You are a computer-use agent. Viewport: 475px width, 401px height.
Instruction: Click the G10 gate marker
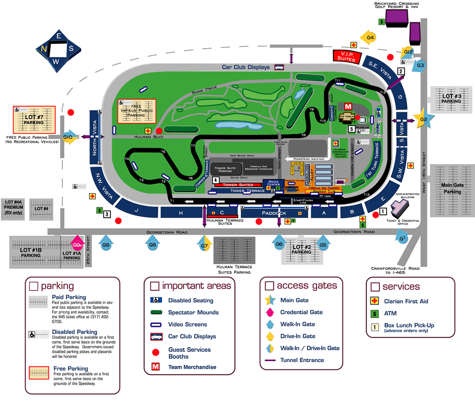click(x=67, y=137)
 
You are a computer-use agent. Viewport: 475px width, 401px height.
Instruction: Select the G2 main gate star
click(x=421, y=118)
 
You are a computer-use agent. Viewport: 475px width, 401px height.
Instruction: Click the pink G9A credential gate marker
click(x=77, y=244)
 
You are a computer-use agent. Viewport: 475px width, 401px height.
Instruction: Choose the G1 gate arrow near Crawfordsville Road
click(x=402, y=237)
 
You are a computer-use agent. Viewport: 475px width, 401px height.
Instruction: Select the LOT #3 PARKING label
click(x=451, y=98)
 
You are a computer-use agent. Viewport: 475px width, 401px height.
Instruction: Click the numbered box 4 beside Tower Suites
click(x=216, y=180)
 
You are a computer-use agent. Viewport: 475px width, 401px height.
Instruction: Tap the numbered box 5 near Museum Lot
click(x=351, y=129)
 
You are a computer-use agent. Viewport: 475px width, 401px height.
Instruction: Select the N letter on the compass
click(x=44, y=48)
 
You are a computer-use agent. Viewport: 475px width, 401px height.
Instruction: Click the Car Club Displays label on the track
click(x=246, y=67)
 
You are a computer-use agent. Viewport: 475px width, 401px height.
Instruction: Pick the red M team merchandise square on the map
click(x=348, y=106)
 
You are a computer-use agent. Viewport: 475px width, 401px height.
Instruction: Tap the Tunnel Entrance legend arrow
click(x=271, y=360)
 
